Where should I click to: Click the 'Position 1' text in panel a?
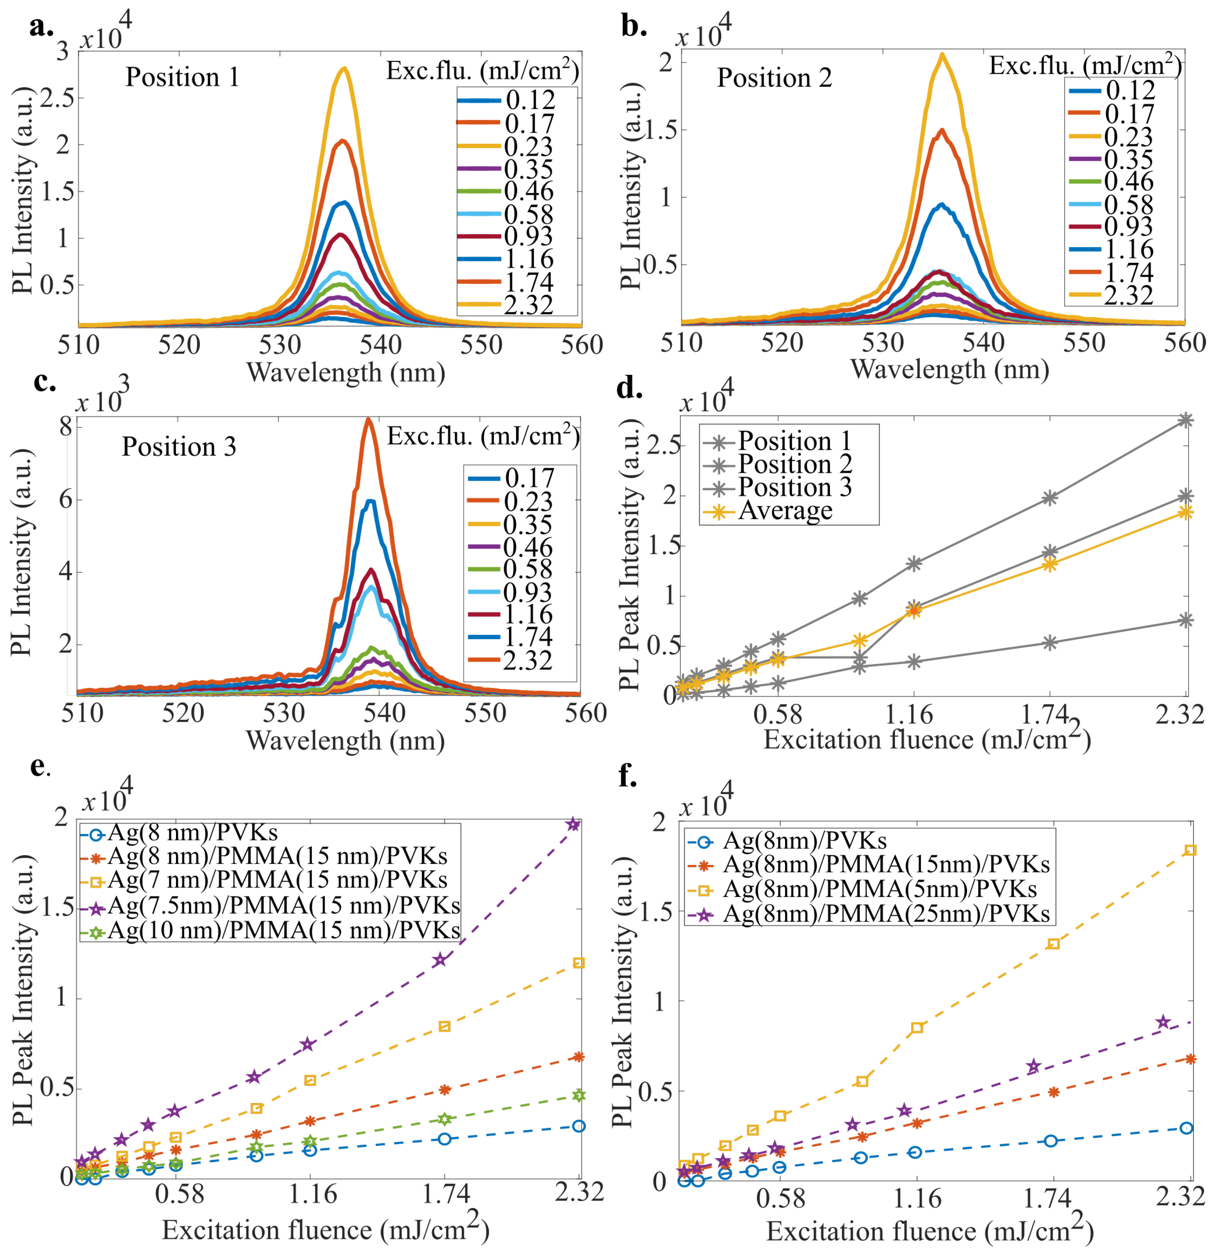tap(182, 78)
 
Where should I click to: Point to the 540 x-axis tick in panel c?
tap(384, 713)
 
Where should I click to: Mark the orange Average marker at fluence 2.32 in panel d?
tap(1185, 512)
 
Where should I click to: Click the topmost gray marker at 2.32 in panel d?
tap(1185, 420)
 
